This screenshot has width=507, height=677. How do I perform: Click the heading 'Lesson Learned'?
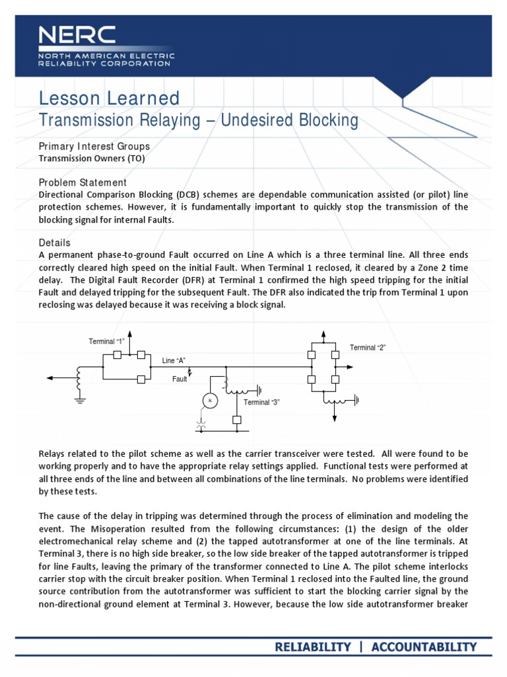(109, 98)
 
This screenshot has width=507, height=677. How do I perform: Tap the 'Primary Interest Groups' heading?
(94, 146)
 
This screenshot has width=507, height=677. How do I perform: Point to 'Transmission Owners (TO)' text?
(91, 159)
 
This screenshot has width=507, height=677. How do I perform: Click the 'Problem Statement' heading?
(83, 182)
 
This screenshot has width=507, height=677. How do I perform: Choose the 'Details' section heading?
(54, 243)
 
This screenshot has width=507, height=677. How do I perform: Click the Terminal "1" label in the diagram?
(107, 341)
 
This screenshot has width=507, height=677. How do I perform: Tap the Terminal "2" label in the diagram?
(367, 348)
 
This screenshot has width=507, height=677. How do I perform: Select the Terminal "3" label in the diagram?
(262, 402)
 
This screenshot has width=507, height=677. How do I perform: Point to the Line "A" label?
(174, 360)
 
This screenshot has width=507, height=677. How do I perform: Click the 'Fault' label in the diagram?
(180, 379)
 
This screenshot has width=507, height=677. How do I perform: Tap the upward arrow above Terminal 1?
(129, 335)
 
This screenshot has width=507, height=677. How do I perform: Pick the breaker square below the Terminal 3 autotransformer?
(236, 420)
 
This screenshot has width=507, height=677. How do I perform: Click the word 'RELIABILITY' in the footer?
(313, 647)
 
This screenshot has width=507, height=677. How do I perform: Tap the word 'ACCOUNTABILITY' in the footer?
(424, 647)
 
